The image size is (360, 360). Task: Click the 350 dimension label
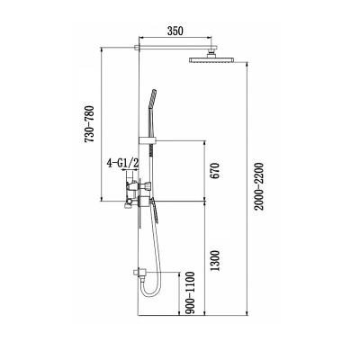[175, 31]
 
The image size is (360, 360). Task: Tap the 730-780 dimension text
[90, 124]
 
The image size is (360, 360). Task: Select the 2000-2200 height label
[257, 186]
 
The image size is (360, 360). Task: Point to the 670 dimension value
[215, 171]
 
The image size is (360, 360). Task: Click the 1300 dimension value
[215, 260]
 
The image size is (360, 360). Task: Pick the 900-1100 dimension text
[190, 292]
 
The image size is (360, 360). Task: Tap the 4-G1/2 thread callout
[122, 164]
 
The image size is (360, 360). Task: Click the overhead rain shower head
[211, 59]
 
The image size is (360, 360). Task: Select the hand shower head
[152, 98]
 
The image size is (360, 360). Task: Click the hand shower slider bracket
[148, 140]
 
